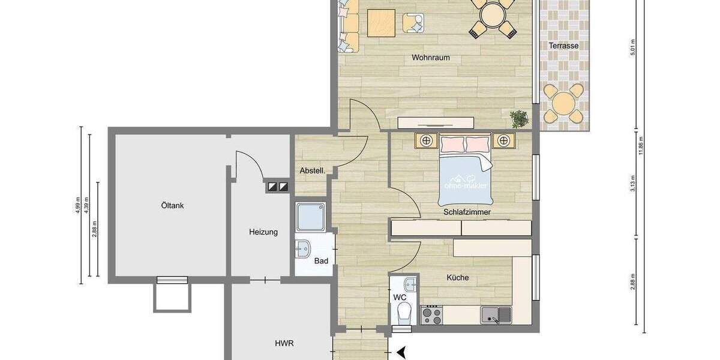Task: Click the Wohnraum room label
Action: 430,58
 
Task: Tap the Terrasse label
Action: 563,46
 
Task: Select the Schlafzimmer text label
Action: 467,212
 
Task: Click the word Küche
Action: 457,278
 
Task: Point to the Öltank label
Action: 172,206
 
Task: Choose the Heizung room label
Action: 263,232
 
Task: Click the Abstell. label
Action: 312,171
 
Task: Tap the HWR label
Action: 284,343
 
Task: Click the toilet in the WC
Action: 404,313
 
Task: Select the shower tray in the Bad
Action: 311,217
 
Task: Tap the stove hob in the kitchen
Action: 431,314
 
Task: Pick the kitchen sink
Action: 496,314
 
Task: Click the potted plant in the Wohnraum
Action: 520,118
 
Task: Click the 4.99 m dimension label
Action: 78,205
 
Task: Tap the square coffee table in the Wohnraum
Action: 381,23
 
